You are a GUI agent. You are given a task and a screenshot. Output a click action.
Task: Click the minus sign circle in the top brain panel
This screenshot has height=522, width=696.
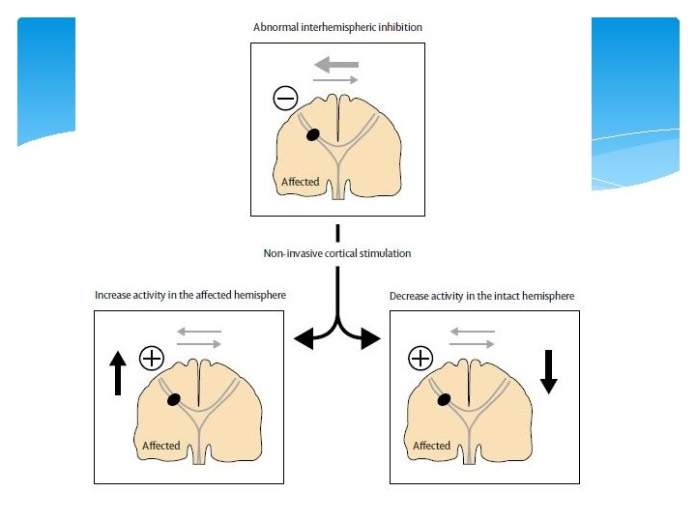[285, 98]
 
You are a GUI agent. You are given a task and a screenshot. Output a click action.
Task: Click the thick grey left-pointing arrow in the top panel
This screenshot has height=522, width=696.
[336, 64]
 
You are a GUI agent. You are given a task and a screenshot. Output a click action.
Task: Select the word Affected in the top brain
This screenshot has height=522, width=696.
[300, 182]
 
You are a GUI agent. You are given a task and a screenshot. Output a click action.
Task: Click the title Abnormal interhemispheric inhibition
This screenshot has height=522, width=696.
[337, 28]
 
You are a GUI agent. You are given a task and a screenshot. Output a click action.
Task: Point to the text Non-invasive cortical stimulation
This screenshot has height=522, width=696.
[337, 253]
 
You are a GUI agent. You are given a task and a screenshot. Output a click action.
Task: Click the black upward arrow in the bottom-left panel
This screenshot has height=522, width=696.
[118, 372]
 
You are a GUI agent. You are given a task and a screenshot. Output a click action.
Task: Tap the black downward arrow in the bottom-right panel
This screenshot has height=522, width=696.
[549, 371]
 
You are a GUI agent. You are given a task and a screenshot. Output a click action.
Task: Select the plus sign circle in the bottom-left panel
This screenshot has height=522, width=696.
[152, 358]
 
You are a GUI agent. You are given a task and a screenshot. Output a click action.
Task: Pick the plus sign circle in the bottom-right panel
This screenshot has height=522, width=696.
[420, 360]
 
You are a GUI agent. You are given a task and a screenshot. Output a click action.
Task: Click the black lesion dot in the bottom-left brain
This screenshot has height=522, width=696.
[174, 399]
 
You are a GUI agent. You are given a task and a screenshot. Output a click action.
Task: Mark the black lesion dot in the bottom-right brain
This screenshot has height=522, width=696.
[444, 399]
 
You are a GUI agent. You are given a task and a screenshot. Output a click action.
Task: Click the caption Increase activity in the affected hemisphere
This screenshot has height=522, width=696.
[190, 295]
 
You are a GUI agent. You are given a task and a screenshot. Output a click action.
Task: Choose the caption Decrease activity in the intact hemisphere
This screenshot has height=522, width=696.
[481, 295]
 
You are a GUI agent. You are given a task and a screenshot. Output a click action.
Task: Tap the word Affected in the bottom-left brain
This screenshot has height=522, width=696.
[161, 446]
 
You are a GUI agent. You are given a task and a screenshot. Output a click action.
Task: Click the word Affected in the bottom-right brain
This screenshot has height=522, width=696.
[431, 446]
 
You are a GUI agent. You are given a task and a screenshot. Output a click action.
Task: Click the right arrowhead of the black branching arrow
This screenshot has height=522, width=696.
[372, 338]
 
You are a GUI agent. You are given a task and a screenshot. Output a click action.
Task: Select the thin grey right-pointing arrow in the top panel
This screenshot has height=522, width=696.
[336, 79]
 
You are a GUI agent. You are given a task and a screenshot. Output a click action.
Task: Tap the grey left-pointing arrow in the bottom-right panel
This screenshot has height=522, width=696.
[473, 332]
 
